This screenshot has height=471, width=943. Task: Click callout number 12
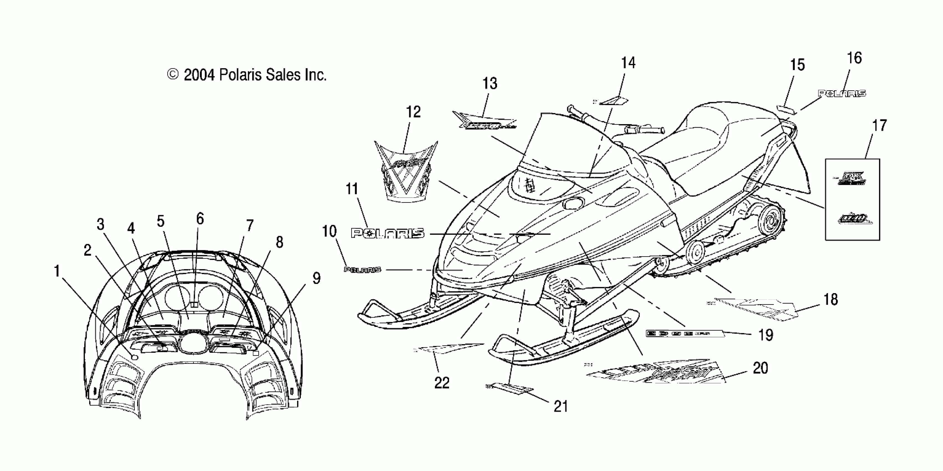tap(413, 112)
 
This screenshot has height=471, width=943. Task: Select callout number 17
tap(879, 126)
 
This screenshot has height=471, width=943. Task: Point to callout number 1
tap(57, 272)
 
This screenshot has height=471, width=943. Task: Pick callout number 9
tap(316, 278)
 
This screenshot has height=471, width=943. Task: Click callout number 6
tap(200, 219)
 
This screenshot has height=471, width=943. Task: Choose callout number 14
tap(628, 63)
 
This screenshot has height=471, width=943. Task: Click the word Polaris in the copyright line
tap(240, 75)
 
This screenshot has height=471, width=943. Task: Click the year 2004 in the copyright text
tap(199, 75)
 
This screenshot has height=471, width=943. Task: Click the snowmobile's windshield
tap(571, 146)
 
